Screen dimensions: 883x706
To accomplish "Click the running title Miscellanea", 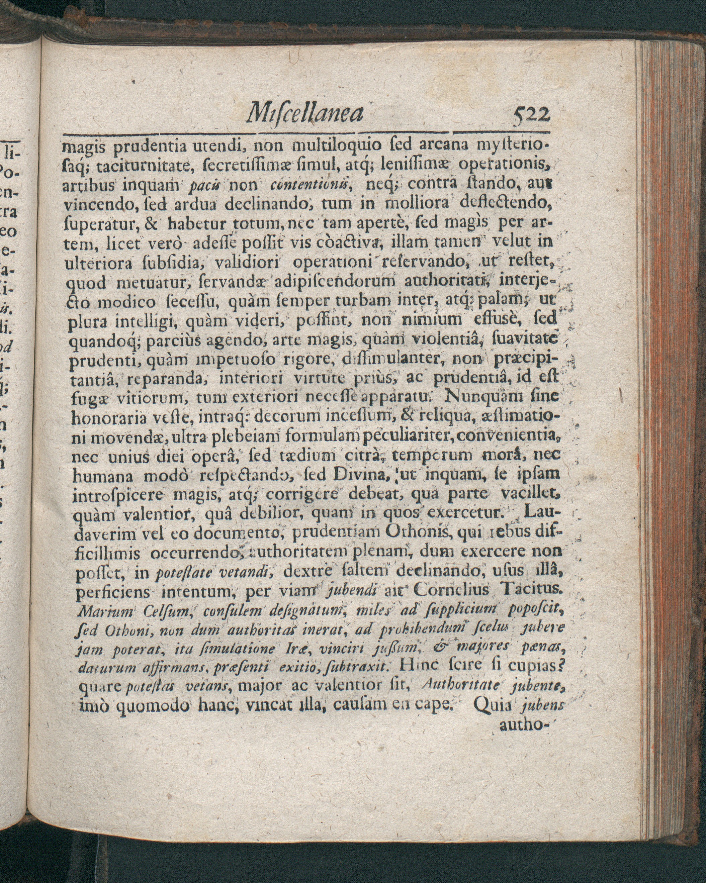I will [304, 113].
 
